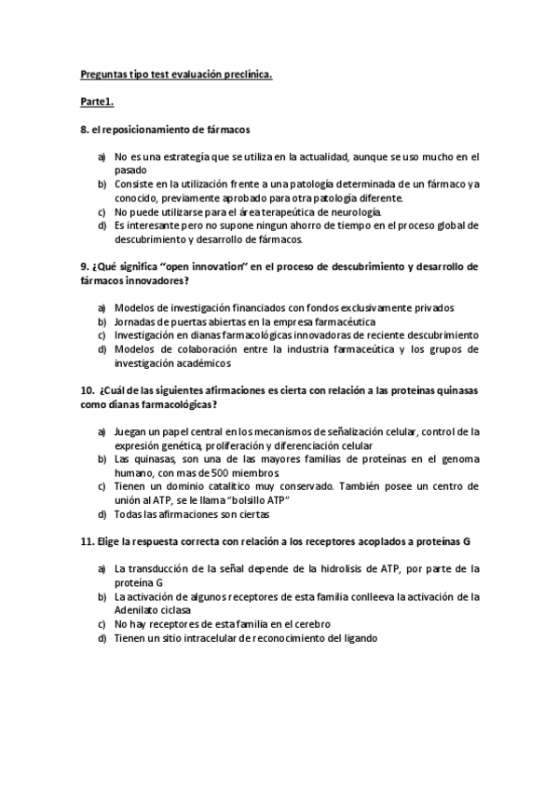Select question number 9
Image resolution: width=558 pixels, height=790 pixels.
point(84,266)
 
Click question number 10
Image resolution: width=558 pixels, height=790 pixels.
point(87,390)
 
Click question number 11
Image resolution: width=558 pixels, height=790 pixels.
point(87,541)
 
